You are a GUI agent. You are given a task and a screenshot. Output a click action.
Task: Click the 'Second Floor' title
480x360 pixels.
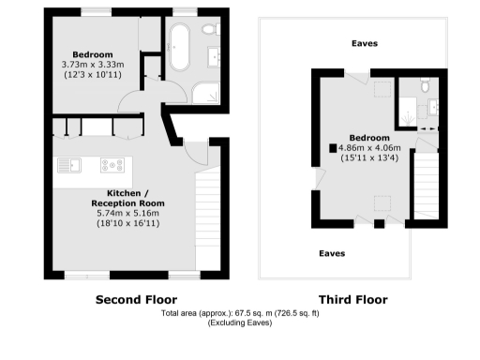point(137,300)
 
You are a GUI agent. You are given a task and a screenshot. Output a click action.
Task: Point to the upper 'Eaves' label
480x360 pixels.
point(365,43)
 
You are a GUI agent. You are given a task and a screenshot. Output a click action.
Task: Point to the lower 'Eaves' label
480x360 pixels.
point(331,253)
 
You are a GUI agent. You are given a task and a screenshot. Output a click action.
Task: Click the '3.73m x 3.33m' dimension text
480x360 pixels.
point(94,65)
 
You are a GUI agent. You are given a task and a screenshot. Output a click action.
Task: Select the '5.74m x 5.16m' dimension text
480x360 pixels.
point(127,214)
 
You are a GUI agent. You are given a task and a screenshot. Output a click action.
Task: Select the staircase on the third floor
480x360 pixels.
point(427,183)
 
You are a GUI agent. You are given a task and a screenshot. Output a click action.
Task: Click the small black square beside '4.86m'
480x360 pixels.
point(332,147)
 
